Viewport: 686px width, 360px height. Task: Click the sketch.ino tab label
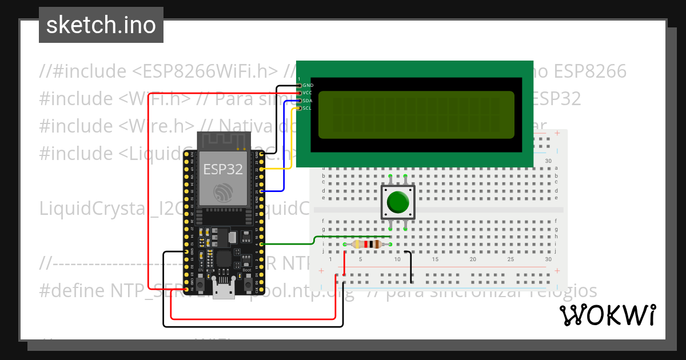coord(101,25)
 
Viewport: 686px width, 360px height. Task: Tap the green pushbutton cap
coord(398,202)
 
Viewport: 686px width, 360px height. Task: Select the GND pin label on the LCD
coord(308,85)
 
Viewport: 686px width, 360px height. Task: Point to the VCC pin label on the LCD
coord(308,93)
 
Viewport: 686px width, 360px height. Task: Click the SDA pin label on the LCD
coord(308,100)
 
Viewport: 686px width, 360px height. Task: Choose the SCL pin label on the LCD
coord(308,108)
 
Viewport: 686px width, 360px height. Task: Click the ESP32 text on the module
coord(223,169)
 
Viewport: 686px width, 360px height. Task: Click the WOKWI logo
coord(607,315)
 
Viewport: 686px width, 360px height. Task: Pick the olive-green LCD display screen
coord(416,115)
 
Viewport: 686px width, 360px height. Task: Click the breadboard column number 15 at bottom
coord(435,259)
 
